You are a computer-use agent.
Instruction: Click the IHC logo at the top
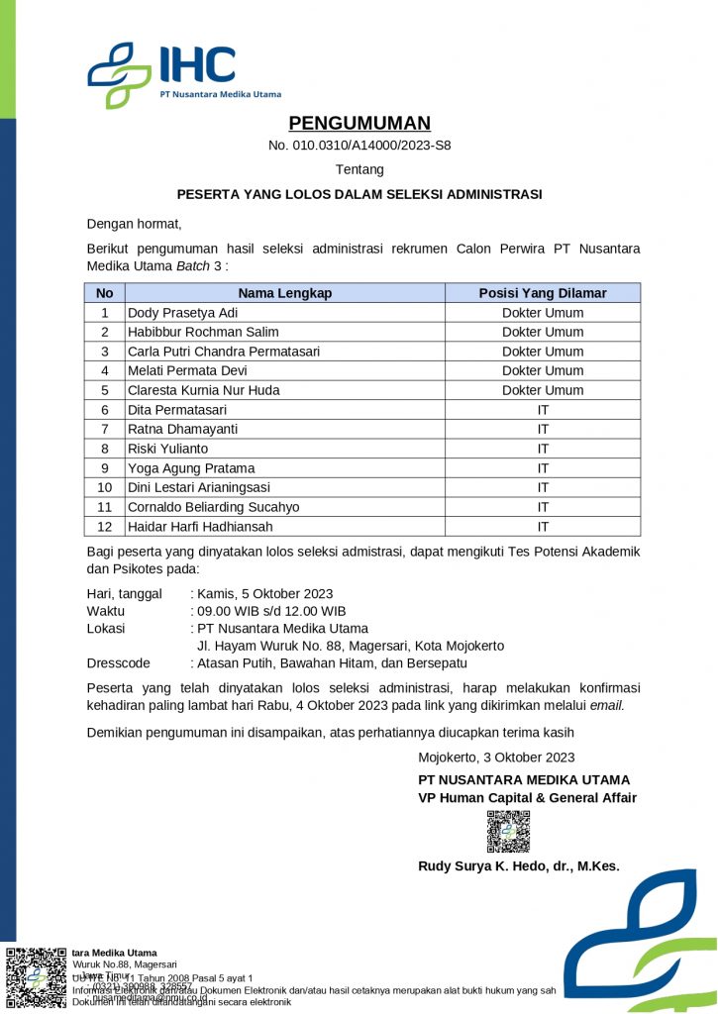tap(183, 70)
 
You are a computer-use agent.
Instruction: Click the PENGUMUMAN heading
tap(359, 123)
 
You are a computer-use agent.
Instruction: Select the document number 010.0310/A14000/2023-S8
tap(359, 146)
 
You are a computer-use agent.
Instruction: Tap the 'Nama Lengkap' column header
tap(284, 293)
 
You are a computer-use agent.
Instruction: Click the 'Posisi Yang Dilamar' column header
tap(542, 293)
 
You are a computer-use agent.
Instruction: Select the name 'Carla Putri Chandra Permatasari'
tap(224, 352)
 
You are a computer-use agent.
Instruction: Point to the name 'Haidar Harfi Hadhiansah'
tap(199, 526)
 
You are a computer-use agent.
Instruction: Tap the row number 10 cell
tap(105, 487)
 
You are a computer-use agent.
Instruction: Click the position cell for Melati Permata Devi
tap(542, 370)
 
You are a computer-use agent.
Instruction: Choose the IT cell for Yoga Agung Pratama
tap(542, 467)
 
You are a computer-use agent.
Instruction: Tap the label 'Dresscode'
tap(119, 663)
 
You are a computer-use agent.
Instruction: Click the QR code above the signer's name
tap(508, 832)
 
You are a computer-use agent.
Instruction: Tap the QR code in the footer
tap(37, 978)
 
